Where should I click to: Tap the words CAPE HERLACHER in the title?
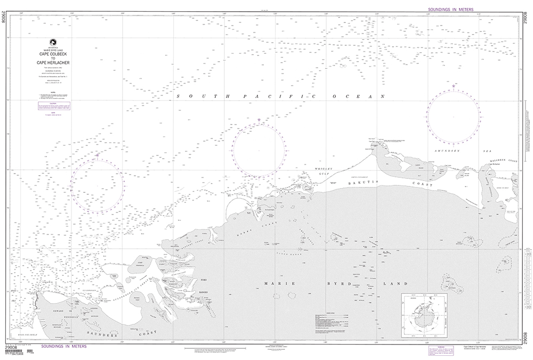coord(53,63)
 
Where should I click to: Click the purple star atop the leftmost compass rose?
coord(98,155)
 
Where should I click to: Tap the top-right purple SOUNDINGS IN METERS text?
coord(454,10)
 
